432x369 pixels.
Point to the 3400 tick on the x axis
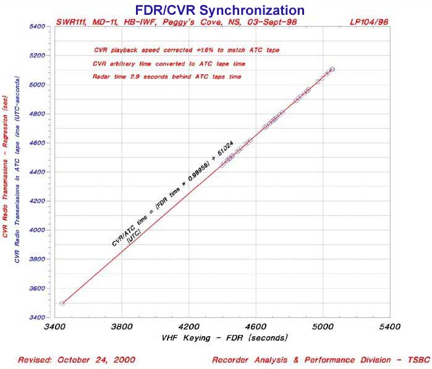click(x=55, y=326)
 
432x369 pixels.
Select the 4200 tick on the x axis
click(x=188, y=326)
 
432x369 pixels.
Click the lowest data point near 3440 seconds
click(x=62, y=303)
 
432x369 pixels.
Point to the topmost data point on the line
click(x=332, y=69)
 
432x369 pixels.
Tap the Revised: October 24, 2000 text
click(x=77, y=359)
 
